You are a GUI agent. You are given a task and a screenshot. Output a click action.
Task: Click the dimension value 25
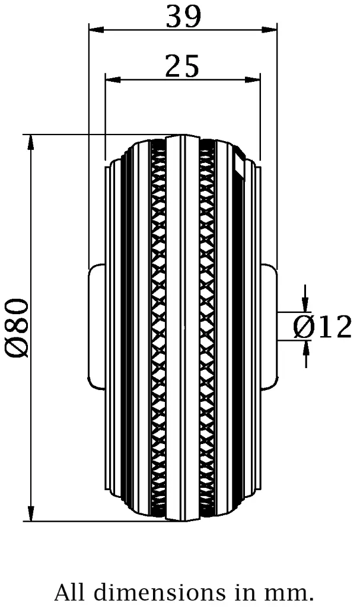tap(182, 67)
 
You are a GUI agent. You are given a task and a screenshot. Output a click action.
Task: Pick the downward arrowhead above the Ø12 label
tap(305, 304)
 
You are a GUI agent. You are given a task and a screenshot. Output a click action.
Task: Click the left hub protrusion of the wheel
tap(97, 327)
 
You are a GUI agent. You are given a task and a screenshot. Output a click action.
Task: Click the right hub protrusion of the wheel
tap(269, 327)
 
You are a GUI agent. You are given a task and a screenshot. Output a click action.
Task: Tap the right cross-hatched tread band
tap(208, 327)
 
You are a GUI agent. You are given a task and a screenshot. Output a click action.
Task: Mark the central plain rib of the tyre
tap(183, 327)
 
